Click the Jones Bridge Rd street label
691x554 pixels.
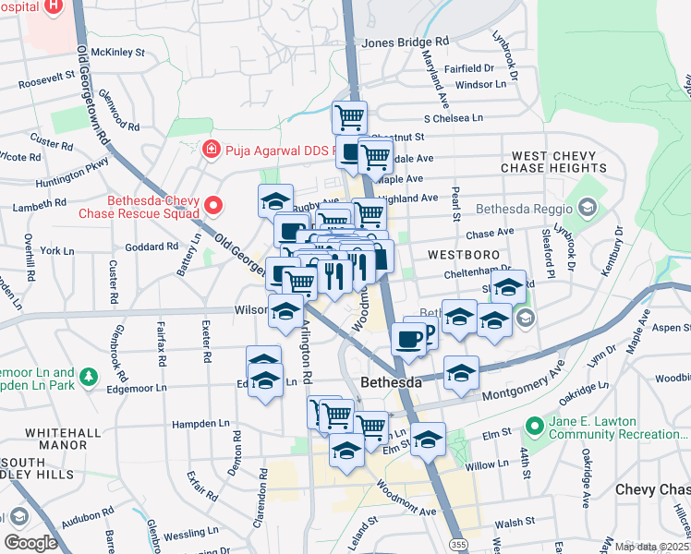click(405, 42)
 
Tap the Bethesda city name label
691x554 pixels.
click(390, 381)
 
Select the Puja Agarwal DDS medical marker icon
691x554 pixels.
click(211, 148)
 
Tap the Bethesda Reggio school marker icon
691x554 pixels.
click(584, 206)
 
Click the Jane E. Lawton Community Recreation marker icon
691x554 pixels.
click(533, 426)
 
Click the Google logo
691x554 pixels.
click(30, 542)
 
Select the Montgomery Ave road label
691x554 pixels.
click(524, 385)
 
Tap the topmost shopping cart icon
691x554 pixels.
click(350, 116)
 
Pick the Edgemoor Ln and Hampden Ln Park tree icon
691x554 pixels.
click(89, 377)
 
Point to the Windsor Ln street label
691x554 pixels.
click(481, 84)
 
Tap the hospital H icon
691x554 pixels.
click(53, 4)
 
